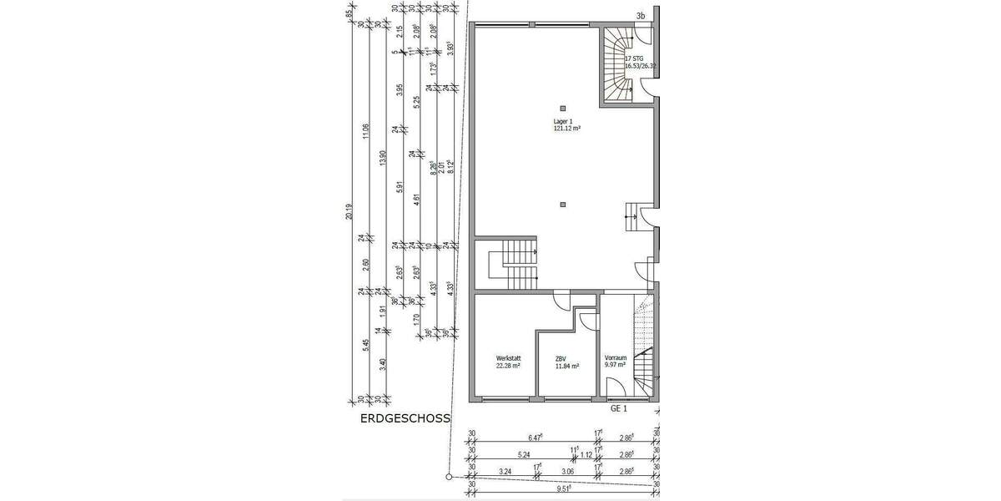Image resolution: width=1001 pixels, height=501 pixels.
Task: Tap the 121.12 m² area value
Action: [x=566, y=129]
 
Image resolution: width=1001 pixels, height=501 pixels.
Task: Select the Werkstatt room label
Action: [x=507, y=357]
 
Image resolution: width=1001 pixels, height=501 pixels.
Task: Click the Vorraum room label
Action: [x=616, y=357]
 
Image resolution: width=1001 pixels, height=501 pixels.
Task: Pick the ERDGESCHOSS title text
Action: [x=405, y=418]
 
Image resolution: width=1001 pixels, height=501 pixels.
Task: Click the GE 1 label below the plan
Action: [x=618, y=410]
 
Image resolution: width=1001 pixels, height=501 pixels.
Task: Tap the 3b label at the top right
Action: [x=641, y=16]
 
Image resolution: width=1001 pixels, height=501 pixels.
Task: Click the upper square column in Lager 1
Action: [x=563, y=108]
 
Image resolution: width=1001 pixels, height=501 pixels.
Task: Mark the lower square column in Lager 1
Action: [x=563, y=205]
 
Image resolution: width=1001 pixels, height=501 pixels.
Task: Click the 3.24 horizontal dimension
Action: [x=505, y=472]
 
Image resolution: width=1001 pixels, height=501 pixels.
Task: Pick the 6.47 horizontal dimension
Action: [x=536, y=437]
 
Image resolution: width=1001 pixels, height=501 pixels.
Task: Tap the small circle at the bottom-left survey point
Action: [x=449, y=478]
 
